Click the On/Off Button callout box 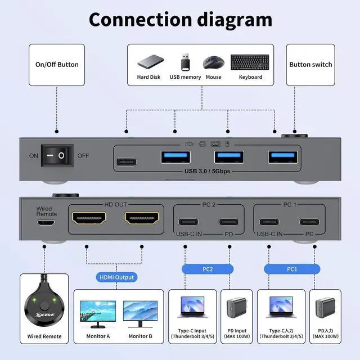coord(57,64)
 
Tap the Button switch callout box coord(311,64)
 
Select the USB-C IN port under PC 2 coord(188,222)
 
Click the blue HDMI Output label coord(117,277)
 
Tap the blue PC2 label coord(208,269)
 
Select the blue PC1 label coord(291,269)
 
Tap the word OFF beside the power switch coord(83,155)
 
